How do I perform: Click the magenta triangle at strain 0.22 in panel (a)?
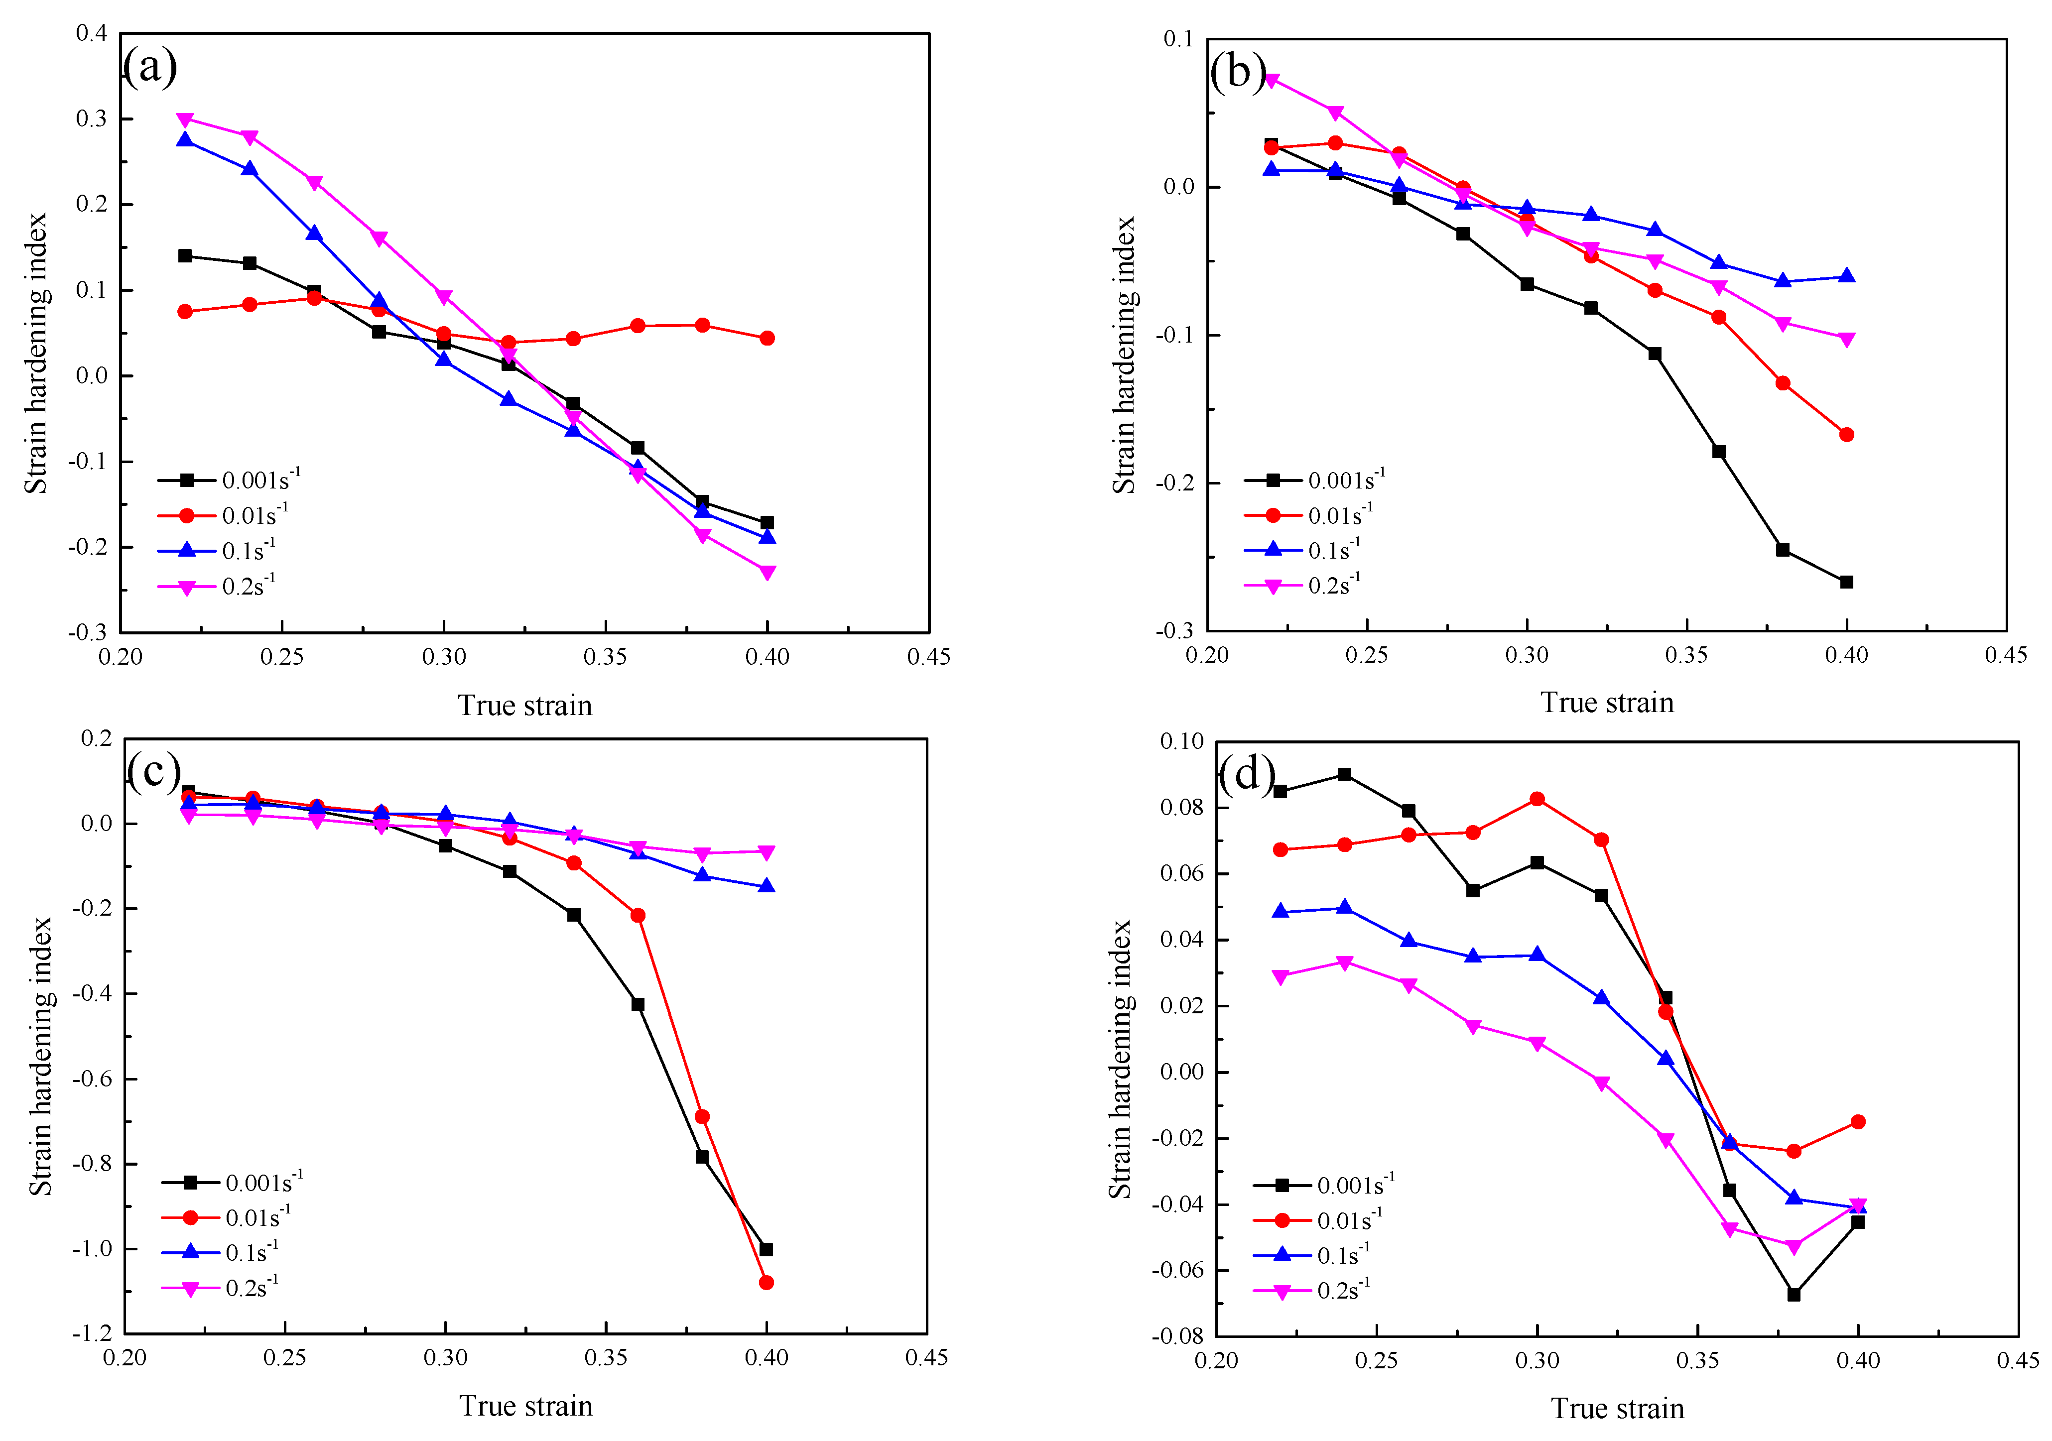tap(185, 120)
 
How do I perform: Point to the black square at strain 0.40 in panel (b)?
tap(1846, 582)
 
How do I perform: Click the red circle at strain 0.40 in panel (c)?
tap(766, 1282)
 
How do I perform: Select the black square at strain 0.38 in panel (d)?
tap(1794, 1294)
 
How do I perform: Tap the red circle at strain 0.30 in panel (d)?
tap(1537, 799)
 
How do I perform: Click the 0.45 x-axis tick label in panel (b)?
tap(2006, 655)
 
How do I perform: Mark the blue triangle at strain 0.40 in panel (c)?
tap(766, 886)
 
